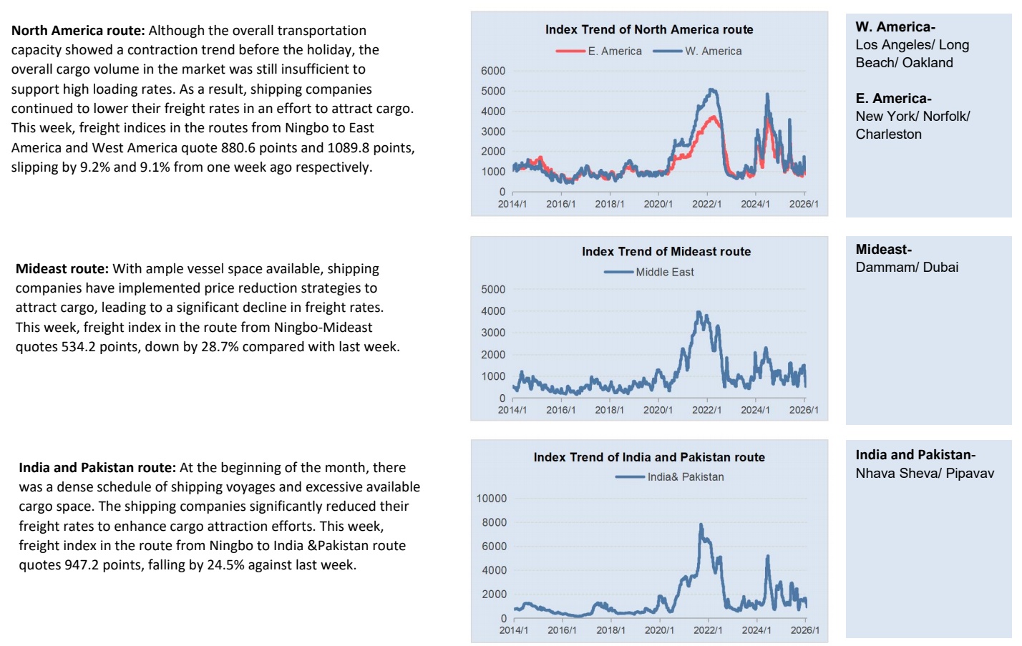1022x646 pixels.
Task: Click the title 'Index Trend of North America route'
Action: tap(649, 29)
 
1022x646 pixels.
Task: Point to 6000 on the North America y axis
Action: tap(493, 71)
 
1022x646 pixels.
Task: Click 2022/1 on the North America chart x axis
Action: tap(706, 204)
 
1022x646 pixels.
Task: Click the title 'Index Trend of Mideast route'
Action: tap(666, 251)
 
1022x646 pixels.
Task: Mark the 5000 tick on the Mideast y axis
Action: tap(493, 290)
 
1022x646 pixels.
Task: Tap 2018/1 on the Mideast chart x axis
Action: tap(609, 410)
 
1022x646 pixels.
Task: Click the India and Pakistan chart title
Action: tap(649, 457)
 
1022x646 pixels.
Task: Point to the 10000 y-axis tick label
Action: tap(491, 499)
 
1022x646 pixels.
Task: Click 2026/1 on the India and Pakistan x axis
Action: tap(805, 630)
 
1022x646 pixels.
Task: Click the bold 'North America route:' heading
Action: tap(78, 31)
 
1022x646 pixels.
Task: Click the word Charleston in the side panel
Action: tap(888, 134)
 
